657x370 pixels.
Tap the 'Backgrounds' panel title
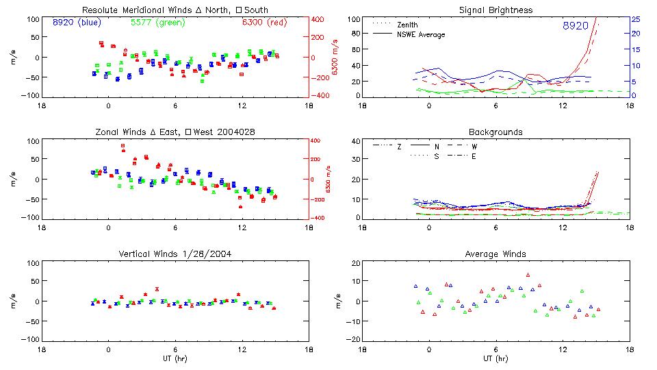[496, 132]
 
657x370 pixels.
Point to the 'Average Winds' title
[496, 254]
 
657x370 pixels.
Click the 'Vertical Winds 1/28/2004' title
[175, 254]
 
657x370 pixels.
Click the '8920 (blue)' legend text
[77, 22]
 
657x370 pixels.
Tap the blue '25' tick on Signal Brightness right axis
[635, 19]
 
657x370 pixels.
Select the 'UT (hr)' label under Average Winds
[496, 358]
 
